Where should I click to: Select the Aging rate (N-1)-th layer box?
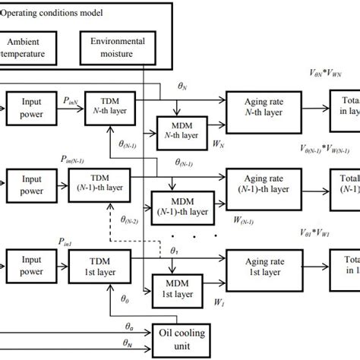click(x=262, y=183)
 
